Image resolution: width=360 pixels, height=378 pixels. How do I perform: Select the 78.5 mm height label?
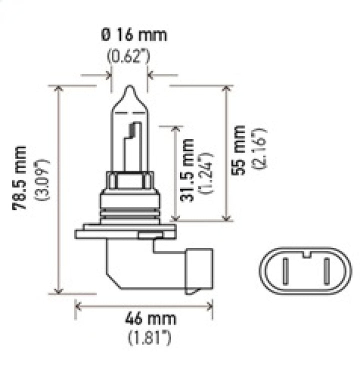[20, 177]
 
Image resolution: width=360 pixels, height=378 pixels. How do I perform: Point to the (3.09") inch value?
[42, 179]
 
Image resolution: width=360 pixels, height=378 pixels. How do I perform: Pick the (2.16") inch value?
[261, 150]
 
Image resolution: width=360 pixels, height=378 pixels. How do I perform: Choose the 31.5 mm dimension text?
[187, 170]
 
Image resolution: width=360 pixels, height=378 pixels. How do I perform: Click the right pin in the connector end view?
[326, 272]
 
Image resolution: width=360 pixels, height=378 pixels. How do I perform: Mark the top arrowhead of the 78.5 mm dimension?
[59, 89]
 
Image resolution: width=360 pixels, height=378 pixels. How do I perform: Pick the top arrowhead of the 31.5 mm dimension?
[174, 129]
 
